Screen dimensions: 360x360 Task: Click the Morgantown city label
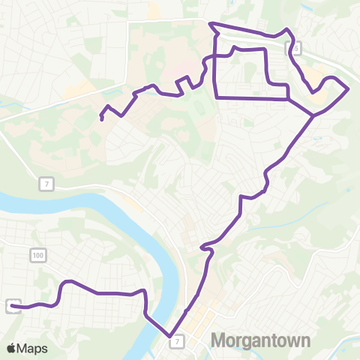[260, 341]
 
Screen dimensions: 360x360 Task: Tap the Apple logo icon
[13, 348]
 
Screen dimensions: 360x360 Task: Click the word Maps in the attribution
[34, 348]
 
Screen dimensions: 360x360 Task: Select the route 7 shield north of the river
[46, 184]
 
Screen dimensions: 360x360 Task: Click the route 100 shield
[37, 256]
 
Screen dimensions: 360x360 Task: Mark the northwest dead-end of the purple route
[101, 118]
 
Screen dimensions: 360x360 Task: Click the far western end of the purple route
[14, 306]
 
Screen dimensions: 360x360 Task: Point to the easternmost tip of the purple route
[349, 88]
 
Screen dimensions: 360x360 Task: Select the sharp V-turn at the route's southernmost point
[170, 335]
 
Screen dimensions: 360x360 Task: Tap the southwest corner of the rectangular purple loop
[216, 97]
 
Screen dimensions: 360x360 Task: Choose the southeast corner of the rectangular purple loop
[289, 98]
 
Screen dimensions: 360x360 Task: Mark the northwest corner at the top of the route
[211, 25]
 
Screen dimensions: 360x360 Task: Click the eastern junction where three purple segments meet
[313, 115]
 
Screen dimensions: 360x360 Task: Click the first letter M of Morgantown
[219, 341]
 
